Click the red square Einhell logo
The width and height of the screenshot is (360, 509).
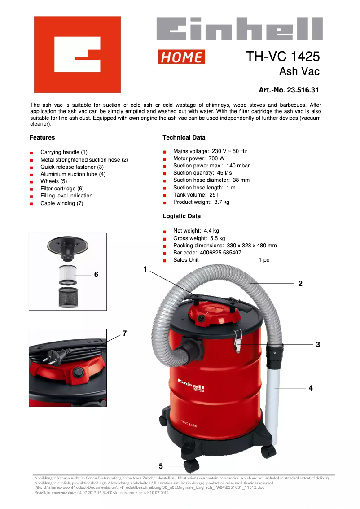[x=77, y=54]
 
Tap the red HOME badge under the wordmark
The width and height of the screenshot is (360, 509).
[x=181, y=57]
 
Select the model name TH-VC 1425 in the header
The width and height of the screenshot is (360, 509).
[x=283, y=57]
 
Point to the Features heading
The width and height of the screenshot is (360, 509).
[x=42, y=137]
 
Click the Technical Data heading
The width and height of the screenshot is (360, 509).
[x=184, y=137]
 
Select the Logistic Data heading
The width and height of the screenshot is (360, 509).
[x=181, y=216]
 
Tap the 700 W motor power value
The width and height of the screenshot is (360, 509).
[x=216, y=158]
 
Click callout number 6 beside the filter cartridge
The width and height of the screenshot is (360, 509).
[x=96, y=274]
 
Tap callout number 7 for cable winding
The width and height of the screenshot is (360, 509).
[x=124, y=333]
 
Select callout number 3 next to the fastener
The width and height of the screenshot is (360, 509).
[x=318, y=344]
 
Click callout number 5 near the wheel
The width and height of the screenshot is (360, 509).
[x=161, y=466]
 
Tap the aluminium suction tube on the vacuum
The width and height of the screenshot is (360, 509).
[x=273, y=391]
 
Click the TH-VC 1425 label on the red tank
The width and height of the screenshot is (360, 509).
[x=190, y=424]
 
